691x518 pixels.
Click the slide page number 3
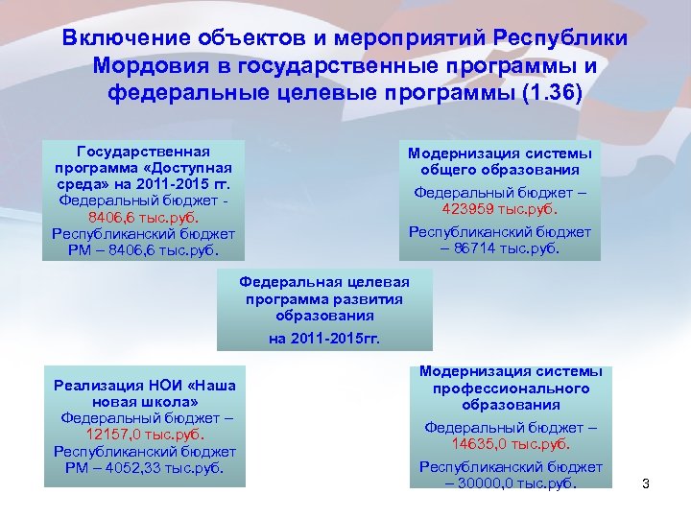click(x=646, y=483)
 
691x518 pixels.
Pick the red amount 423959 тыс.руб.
click(x=499, y=208)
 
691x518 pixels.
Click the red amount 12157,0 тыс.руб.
click(x=145, y=435)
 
